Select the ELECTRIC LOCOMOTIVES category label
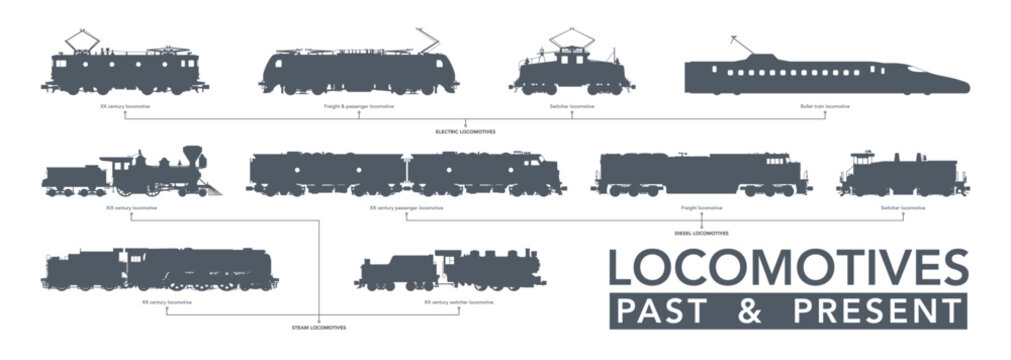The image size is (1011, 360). pyautogui.click(x=465, y=131)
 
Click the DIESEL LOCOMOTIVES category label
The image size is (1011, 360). pyautogui.click(x=701, y=232)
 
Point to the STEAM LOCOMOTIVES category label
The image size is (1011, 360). pyautogui.click(x=319, y=327)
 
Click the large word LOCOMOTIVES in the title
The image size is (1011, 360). pyautogui.click(x=788, y=269)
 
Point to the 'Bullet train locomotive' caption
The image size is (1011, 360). pyautogui.click(x=825, y=105)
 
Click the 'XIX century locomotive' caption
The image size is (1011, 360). pyautogui.click(x=125, y=208)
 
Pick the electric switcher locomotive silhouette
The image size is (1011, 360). pyautogui.click(x=570, y=72)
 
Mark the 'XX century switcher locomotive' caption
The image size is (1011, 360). pyautogui.click(x=458, y=301)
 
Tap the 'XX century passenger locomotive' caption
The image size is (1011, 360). pyautogui.click(x=405, y=208)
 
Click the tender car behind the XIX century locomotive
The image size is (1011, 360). pyautogui.click(x=75, y=179)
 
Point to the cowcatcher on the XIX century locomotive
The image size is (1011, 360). pyautogui.click(x=212, y=188)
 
